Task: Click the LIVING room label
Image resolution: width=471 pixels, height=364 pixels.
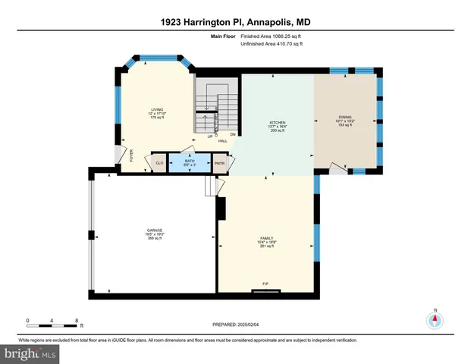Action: [157, 110]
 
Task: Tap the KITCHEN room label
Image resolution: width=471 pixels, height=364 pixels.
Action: [277, 122]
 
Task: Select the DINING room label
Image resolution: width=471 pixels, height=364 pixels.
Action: [345, 117]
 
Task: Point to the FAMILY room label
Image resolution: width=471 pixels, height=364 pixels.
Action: [265, 238]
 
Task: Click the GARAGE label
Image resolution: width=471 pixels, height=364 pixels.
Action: [155, 230]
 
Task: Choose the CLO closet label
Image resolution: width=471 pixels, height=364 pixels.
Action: [159, 162]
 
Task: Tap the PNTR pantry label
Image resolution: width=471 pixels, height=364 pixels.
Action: [219, 162]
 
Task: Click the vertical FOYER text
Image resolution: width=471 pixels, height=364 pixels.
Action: [131, 156]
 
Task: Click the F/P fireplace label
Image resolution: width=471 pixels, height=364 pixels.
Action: [265, 284]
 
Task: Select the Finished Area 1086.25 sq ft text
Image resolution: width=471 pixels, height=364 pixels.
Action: [272, 36]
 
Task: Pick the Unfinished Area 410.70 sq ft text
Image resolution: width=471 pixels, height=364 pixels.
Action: [272, 45]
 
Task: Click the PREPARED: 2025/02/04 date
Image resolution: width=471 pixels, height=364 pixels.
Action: [235, 325]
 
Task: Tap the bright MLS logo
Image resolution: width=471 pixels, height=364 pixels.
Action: [30, 354]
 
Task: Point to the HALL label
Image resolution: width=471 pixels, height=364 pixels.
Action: [223, 140]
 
